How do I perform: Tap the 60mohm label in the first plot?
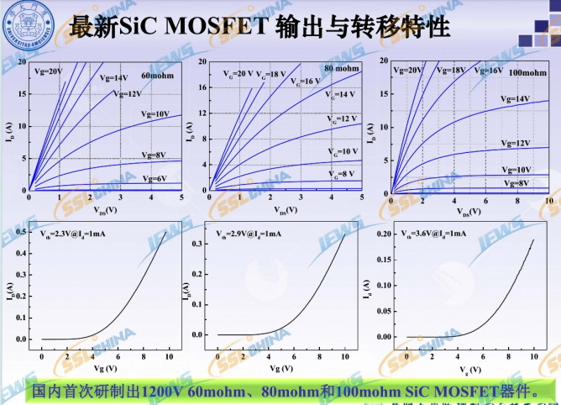coord(158,76)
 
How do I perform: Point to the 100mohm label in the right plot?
coord(527,73)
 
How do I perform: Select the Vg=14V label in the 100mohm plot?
coord(516,99)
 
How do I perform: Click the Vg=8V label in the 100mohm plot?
coord(516,182)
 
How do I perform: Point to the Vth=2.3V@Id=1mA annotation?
coord(77,232)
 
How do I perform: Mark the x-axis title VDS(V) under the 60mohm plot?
coord(105,210)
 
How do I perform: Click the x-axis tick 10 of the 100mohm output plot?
coord(548,200)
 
